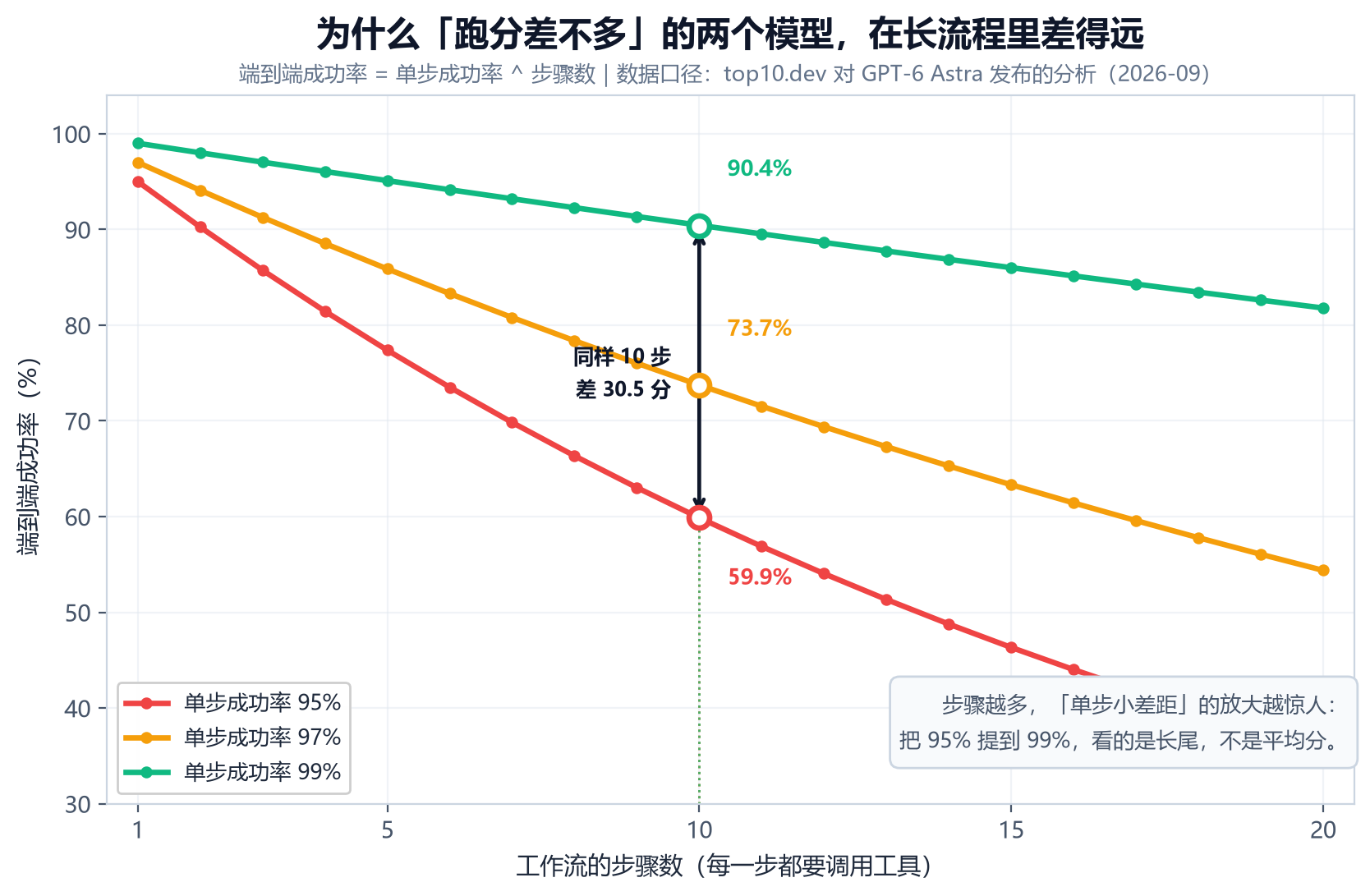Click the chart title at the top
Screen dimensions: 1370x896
[729, 34]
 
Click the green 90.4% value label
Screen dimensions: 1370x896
[759, 168]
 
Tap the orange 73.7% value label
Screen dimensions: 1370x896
[759, 329]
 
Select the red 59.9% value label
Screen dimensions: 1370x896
[760, 577]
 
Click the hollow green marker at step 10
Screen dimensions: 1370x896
[699, 227]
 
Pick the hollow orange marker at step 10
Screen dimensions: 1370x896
[699, 385]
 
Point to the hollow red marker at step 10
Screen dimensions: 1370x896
[699, 518]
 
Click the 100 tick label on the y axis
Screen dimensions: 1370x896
[71, 135]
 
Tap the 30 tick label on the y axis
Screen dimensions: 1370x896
[78, 805]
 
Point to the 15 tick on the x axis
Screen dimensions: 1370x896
[1011, 830]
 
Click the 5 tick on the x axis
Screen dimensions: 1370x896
[387, 830]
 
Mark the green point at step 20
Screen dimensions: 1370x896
[1323, 308]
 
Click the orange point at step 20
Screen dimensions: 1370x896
[1323, 571]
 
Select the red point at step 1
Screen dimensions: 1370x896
[138, 182]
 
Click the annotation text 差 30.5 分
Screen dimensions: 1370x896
[623, 389]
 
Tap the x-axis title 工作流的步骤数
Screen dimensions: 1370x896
[600, 866]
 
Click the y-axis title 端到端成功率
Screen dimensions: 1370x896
[28, 484]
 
